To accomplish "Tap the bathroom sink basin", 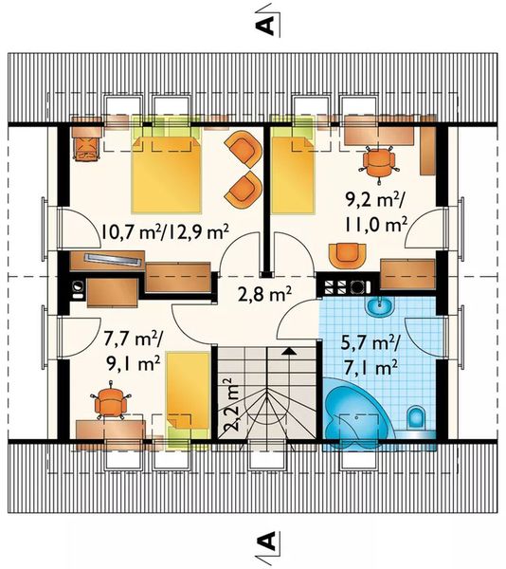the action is click(x=379, y=307).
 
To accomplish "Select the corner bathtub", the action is click(x=354, y=410).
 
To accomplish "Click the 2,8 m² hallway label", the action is click(x=264, y=294).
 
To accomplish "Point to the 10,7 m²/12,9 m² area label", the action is click(x=165, y=232).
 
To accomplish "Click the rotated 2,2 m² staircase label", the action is click(x=230, y=404).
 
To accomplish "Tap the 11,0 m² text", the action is click(x=375, y=226).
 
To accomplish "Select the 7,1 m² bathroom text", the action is click(x=370, y=368).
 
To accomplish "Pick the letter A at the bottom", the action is click(x=265, y=541).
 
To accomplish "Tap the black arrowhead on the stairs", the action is click(x=289, y=351).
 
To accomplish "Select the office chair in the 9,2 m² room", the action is click(x=378, y=163).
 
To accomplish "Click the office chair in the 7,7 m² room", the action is click(x=110, y=400).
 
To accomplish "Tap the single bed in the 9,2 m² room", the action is click(x=293, y=174).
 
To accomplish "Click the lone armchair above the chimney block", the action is click(x=347, y=256).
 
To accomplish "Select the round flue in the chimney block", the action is click(x=356, y=287).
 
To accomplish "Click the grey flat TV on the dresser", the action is click(x=113, y=259).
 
